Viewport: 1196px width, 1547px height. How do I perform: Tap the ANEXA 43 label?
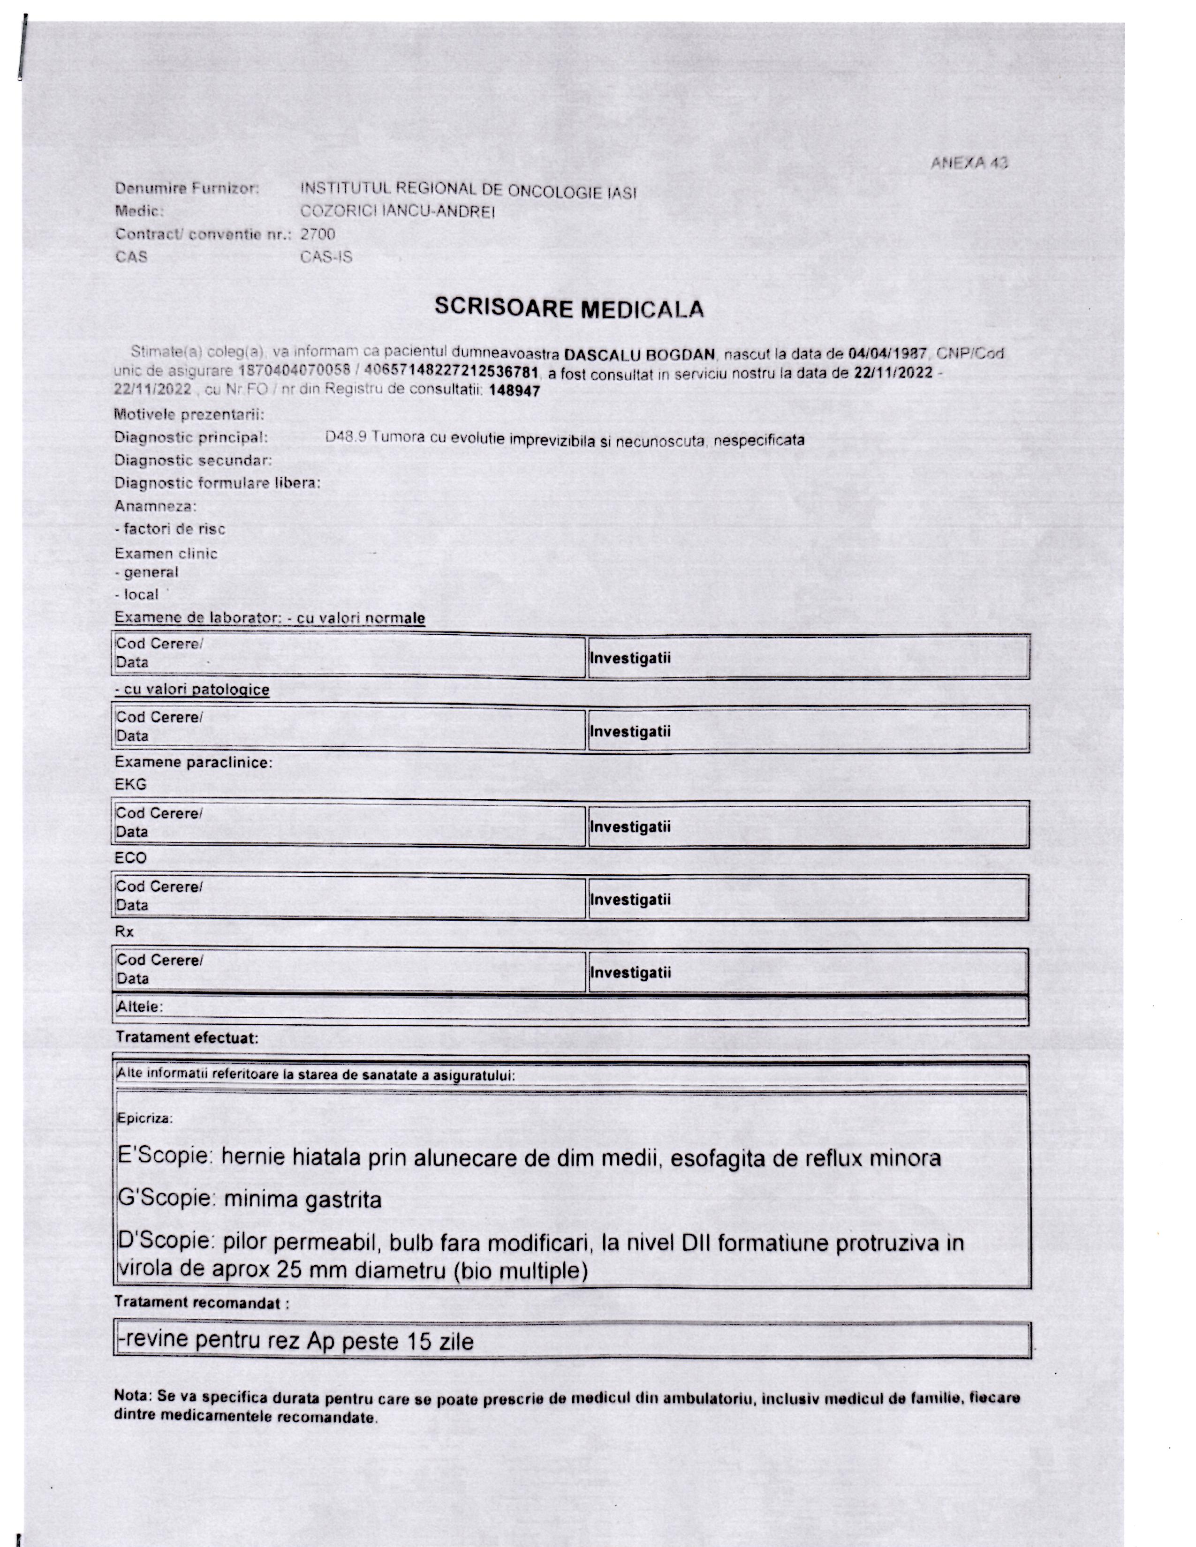click(969, 163)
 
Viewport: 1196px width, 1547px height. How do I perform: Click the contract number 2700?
click(318, 234)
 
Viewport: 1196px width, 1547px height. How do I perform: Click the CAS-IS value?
click(326, 256)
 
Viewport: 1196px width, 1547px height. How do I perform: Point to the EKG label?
click(130, 784)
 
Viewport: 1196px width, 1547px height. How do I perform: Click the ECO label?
click(130, 858)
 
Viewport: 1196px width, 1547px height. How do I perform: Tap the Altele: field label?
click(140, 1006)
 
